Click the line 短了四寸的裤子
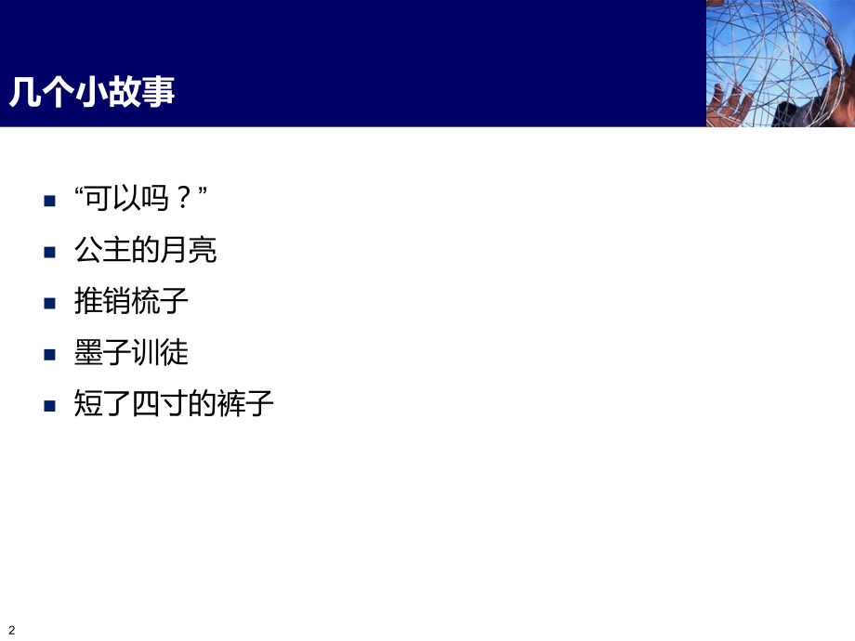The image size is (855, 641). (x=174, y=404)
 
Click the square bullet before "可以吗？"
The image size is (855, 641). (x=50, y=201)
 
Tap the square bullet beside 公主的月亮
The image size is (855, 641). (x=50, y=252)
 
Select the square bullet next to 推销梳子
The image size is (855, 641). (x=50, y=303)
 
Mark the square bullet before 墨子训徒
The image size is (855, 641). (x=50, y=354)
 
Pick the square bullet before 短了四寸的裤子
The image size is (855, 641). (x=50, y=406)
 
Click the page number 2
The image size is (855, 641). (x=11, y=630)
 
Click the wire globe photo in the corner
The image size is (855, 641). (x=780, y=63)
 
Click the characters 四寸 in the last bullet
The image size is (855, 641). (x=159, y=404)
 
